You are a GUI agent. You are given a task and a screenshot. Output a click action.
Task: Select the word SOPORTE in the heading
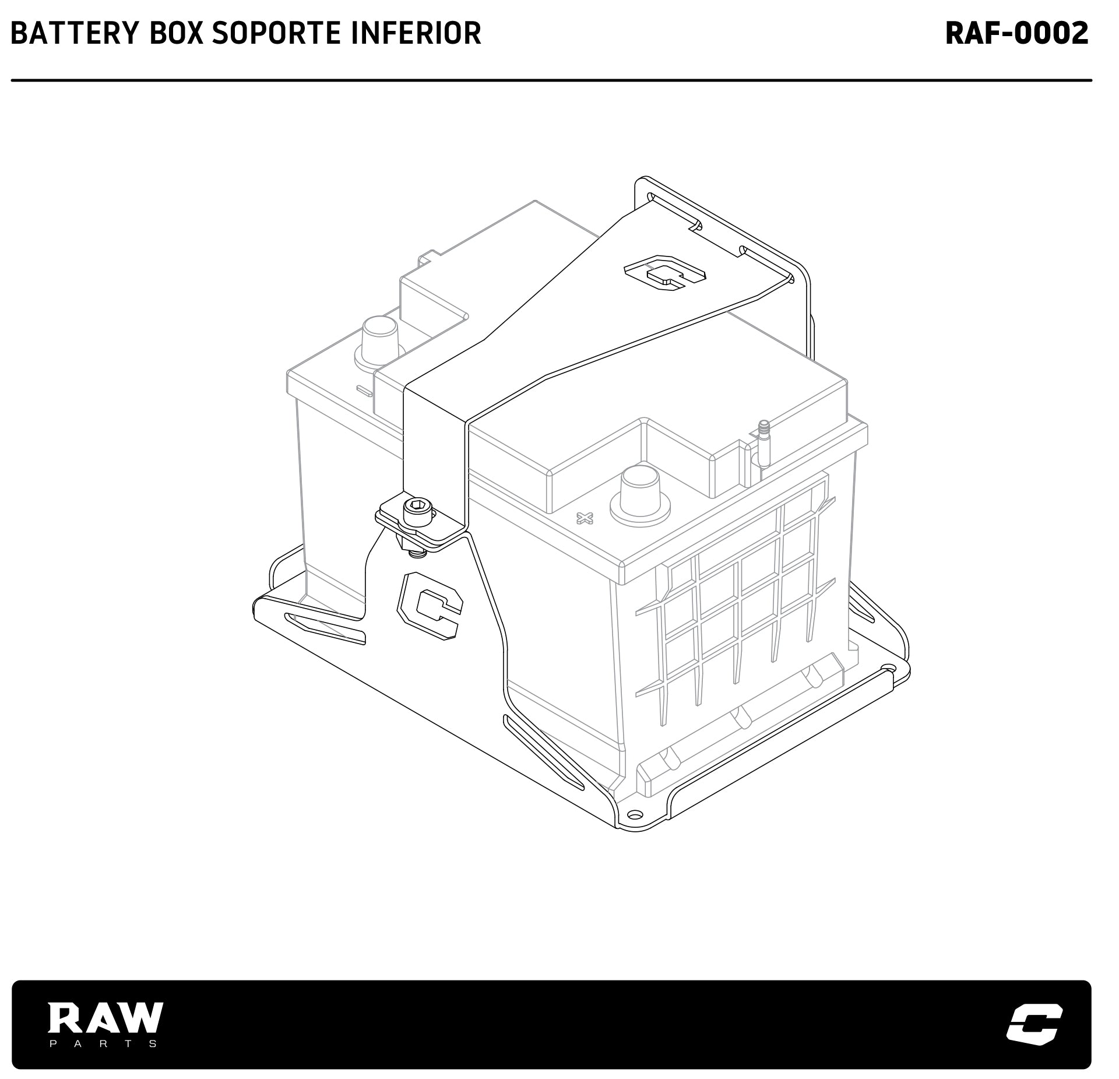click(x=276, y=33)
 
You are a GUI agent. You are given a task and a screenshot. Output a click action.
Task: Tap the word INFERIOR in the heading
click(x=416, y=33)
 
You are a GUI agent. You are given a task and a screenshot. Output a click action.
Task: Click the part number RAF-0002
click(x=1017, y=33)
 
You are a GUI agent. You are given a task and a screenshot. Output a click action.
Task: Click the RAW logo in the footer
click(x=105, y=1017)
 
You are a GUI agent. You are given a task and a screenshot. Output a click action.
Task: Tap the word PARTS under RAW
click(x=103, y=1043)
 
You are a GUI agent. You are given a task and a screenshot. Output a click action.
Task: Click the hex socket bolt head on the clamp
click(x=418, y=513)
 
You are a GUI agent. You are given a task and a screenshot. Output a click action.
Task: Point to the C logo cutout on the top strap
click(x=664, y=272)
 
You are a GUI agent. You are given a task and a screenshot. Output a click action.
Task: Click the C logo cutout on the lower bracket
click(x=429, y=606)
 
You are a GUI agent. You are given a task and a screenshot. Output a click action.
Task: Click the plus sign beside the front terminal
click(x=584, y=517)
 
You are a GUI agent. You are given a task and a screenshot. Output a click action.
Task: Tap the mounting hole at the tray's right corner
click(x=888, y=668)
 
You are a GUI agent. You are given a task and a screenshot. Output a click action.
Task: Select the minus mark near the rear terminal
click(x=364, y=391)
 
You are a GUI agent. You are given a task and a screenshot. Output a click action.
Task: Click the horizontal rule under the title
click(x=551, y=80)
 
